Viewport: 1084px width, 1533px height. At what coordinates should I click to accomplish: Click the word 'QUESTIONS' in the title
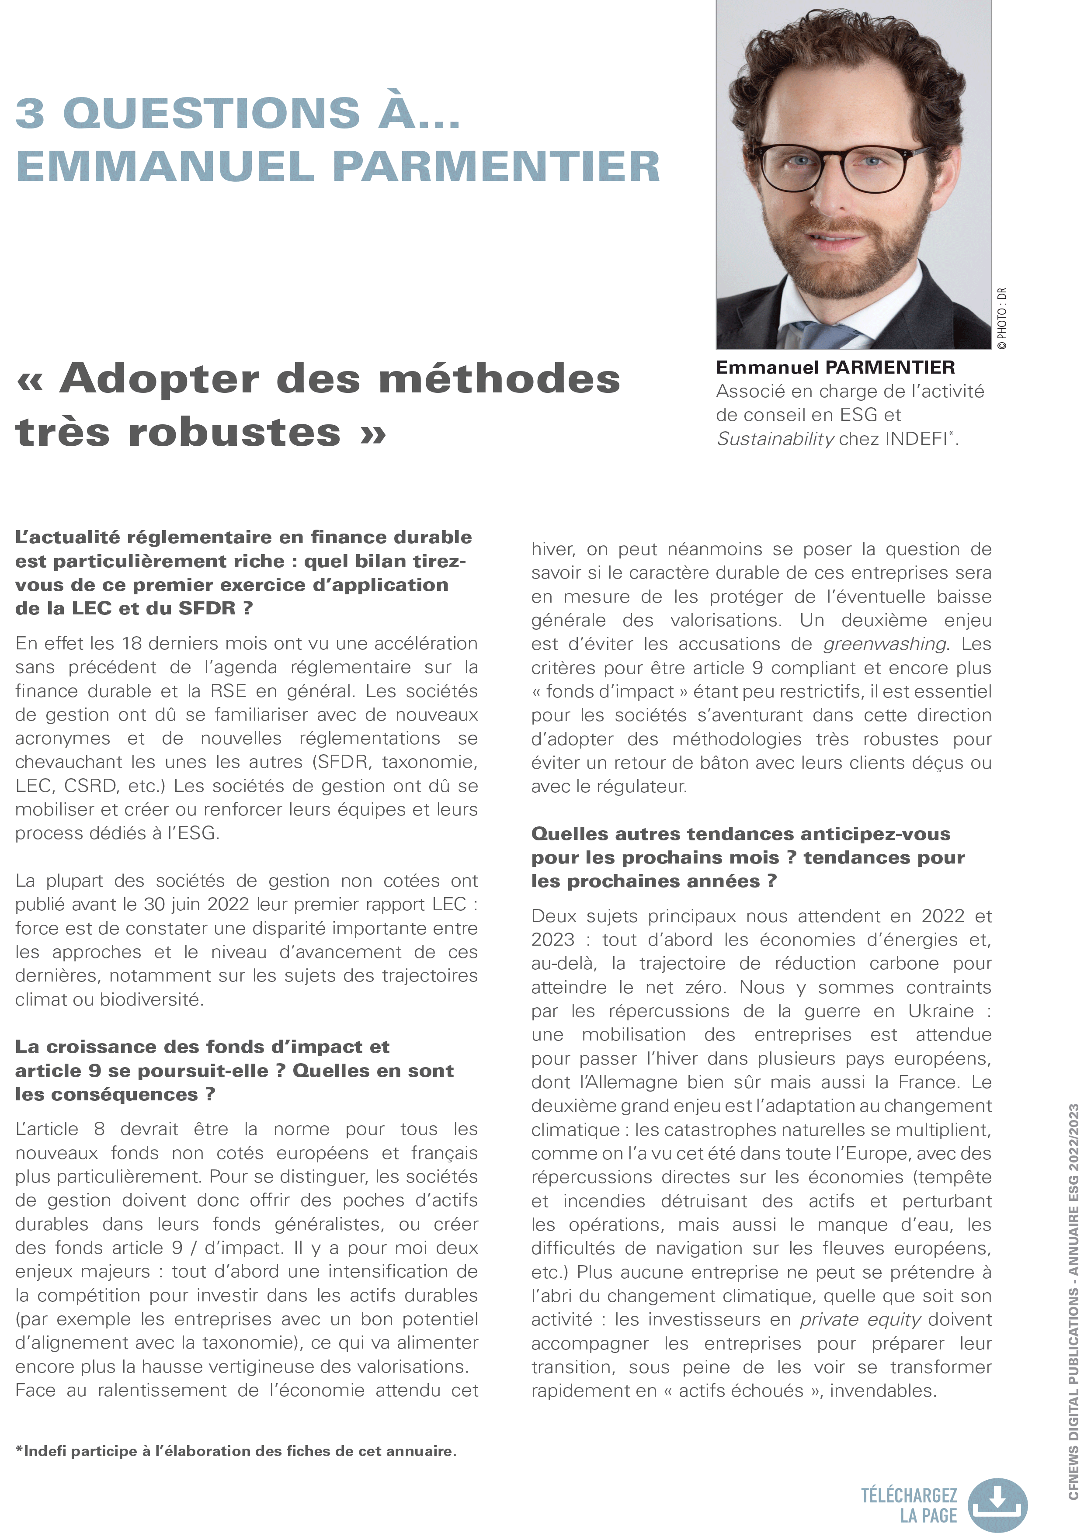(x=211, y=112)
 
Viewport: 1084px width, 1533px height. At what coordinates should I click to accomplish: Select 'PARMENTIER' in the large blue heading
(x=496, y=166)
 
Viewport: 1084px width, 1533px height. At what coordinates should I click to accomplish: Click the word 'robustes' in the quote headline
(x=234, y=432)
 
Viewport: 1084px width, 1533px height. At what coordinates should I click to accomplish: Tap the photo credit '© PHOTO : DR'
(x=1001, y=319)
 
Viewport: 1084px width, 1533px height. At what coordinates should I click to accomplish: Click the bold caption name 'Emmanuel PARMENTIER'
(x=835, y=367)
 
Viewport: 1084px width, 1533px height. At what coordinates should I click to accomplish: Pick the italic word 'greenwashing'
(x=884, y=644)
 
